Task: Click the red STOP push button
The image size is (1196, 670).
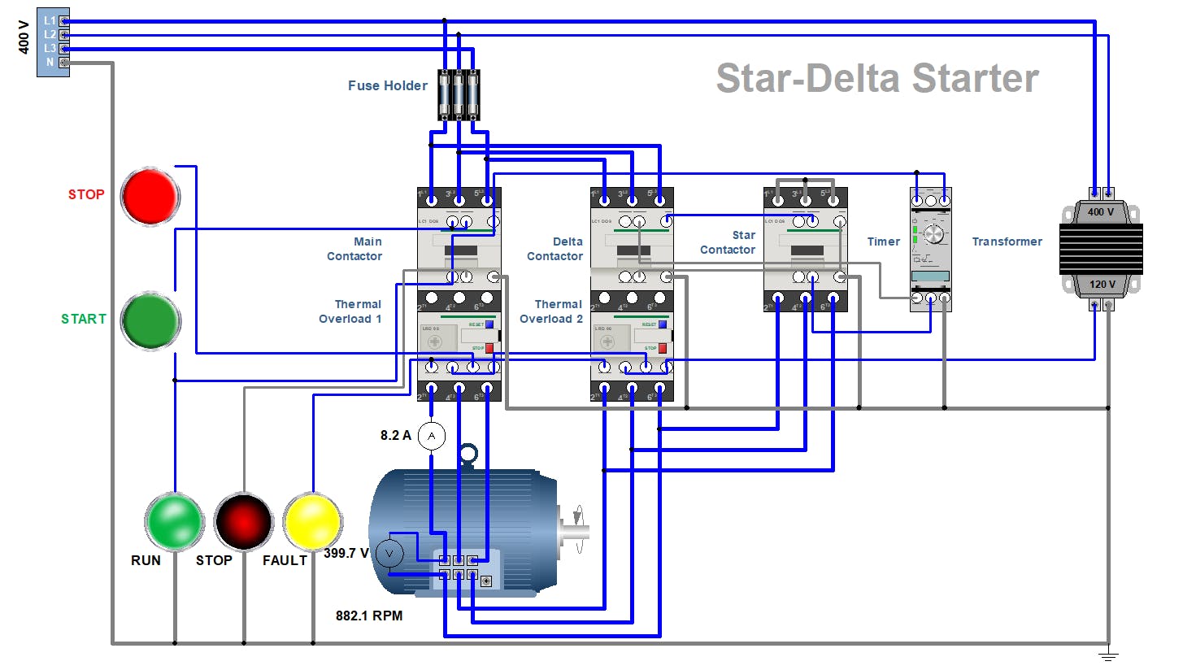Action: (x=150, y=197)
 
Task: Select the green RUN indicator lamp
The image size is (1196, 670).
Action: (x=174, y=522)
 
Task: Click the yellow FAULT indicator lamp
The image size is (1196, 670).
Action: (x=313, y=521)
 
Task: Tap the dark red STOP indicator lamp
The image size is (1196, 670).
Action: (x=243, y=521)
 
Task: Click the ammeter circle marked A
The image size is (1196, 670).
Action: (x=432, y=436)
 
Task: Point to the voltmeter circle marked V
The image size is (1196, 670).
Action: (x=389, y=554)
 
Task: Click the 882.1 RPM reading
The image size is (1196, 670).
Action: (x=369, y=616)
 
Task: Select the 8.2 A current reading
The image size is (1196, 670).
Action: (x=395, y=435)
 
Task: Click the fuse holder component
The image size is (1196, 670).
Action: (x=459, y=95)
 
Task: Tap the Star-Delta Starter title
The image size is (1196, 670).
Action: (x=876, y=78)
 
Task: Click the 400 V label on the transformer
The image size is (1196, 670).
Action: (x=1101, y=212)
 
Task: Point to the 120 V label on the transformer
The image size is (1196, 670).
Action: (x=1102, y=284)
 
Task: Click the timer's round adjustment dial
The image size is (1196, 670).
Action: (x=934, y=234)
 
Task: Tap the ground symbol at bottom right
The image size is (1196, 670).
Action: (x=1108, y=655)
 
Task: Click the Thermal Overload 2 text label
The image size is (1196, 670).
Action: (x=551, y=311)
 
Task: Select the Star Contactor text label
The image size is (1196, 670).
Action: (x=728, y=242)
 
